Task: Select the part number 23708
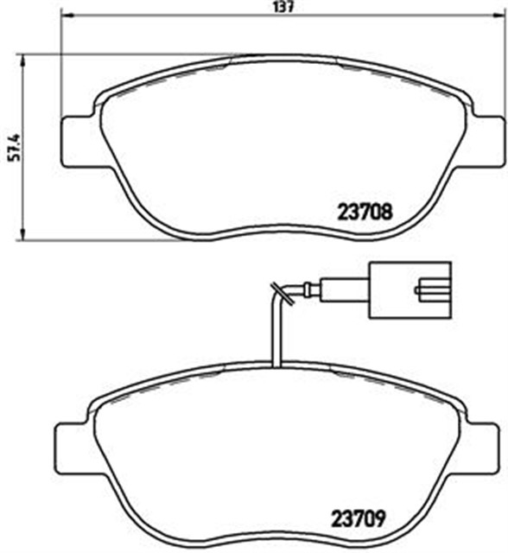364,209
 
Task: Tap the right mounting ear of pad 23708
484,140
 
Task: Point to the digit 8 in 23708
390,209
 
